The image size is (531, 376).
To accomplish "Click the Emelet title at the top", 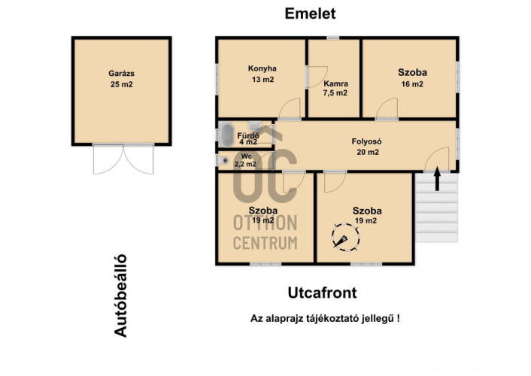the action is pos(310,14).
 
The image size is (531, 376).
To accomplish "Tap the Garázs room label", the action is pos(121,73).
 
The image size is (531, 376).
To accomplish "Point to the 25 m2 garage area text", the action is pos(122,84).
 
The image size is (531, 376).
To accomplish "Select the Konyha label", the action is pos(262,68).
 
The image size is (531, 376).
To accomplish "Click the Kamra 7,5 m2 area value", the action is pos(335,93).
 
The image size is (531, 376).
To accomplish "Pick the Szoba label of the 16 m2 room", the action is pos(412,72).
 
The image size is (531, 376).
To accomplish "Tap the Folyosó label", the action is pos(368,141).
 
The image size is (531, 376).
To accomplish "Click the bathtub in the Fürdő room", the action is pos(226,134).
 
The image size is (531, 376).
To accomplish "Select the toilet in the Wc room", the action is pos(223,160).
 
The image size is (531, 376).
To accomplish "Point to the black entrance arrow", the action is pos(437,178).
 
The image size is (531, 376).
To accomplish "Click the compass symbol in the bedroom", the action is pos(344,237).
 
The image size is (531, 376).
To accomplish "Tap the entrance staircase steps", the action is pos(436,208).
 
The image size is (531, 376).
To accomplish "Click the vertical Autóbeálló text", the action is pos(120,296).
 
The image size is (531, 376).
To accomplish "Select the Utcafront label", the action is pos(322,293).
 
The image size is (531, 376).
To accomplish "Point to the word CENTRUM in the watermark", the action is pos(265,243).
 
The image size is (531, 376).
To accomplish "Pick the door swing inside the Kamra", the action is pos(317,77).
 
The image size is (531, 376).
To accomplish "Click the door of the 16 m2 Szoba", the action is pos(387,108).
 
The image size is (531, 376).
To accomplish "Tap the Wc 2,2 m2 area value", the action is pos(245,164).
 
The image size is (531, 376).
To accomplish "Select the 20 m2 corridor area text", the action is pos(368,152).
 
